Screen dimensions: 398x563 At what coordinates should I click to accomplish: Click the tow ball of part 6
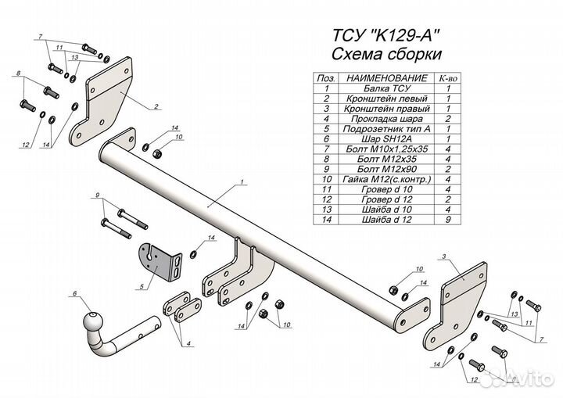click(x=93, y=321)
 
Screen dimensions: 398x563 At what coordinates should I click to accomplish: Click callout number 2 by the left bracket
click(x=156, y=106)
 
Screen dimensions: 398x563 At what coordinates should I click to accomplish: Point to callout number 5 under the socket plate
click(x=141, y=288)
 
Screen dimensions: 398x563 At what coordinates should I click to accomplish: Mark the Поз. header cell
click(x=325, y=79)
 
